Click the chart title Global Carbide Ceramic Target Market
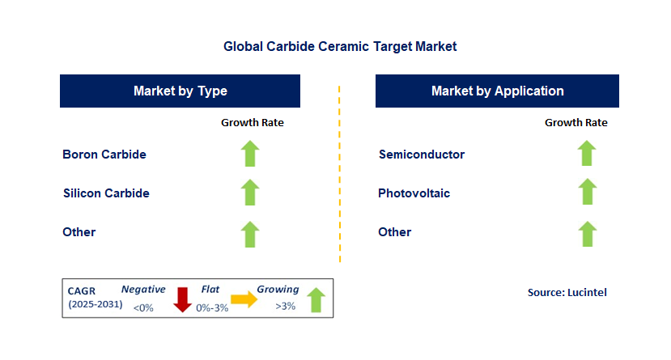pos(340,47)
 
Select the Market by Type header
pos(180,91)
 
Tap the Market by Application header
pos(497,91)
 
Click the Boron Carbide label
pos(104,154)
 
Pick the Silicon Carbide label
pos(106,193)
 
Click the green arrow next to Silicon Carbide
pos(250,193)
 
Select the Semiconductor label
pos(422,154)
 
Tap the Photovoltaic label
pos(414,193)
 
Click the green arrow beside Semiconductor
pos(587,154)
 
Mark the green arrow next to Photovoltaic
pos(587,193)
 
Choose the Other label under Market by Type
pos(79,232)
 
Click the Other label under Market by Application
pos(395,232)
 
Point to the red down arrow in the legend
pos(183,299)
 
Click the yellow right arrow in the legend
pos(244,300)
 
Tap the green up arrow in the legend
pos(316,300)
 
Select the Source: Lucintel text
pos(567,292)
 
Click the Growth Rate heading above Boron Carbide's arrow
pos(253,123)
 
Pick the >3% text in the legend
pos(285,307)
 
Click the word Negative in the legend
pos(143,289)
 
